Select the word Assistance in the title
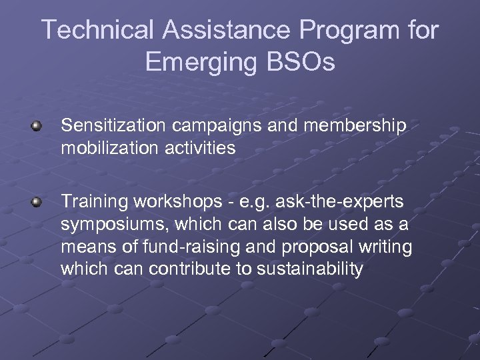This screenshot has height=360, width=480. tap(227, 30)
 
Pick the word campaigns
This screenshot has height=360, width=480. tap(215, 125)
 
